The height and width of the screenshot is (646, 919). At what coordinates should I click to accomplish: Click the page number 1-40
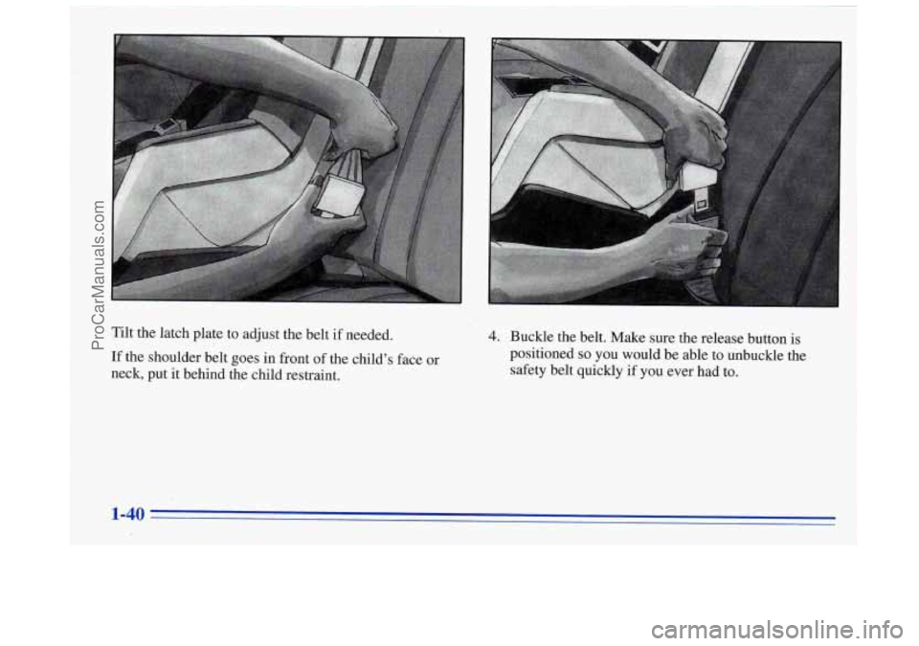pos(127,514)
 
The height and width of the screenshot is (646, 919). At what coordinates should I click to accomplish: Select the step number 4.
pos(494,337)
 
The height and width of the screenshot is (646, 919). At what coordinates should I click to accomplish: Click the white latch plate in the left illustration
pos(339,194)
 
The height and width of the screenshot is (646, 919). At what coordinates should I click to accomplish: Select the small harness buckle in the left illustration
pos(166,124)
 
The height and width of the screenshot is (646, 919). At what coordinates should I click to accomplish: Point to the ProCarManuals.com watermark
pos(99,276)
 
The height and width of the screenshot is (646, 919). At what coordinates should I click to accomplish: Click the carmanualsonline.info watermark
pos(776,631)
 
